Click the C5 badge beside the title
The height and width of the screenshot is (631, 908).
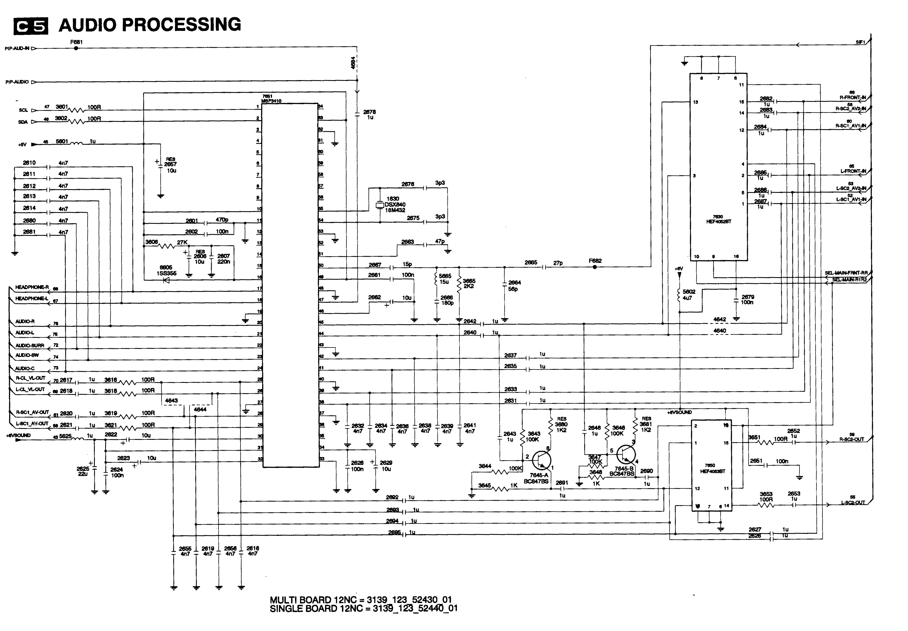click(31, 26)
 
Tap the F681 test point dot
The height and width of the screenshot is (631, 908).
click(76, 48)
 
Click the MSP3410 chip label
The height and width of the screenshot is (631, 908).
click(271, 101)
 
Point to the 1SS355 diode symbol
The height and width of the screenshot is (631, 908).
click(166, 280)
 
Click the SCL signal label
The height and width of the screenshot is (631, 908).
click(23, 110)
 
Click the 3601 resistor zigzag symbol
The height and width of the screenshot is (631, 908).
click(77, 110)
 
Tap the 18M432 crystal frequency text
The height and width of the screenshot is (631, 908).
click(395, 210)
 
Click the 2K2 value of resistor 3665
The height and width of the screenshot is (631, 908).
click(469, 286)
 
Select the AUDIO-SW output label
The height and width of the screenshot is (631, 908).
click(27, 355)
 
